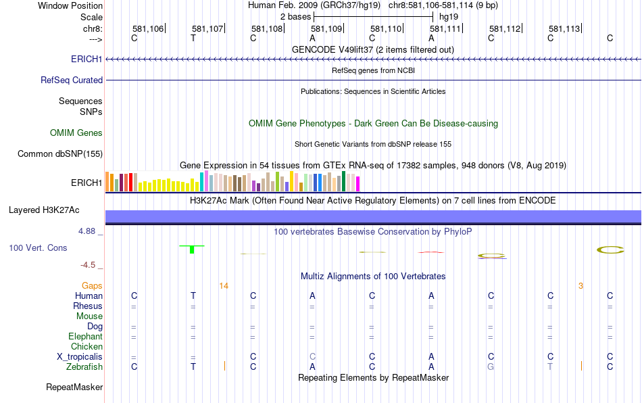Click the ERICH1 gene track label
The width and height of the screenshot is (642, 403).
[87, 60]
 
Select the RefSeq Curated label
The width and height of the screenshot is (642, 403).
[72, 80]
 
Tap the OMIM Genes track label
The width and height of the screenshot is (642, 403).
[76, 133]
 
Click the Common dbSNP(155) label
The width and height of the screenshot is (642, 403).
[60, 154]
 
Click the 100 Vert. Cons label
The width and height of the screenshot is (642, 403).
[38, 248]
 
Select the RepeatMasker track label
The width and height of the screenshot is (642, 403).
[74, 387]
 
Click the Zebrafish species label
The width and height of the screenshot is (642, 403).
[84, 366]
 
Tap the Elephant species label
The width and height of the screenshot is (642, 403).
[85, 336]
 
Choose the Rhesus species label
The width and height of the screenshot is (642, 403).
[88, 306]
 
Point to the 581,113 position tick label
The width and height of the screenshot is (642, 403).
[564, 29]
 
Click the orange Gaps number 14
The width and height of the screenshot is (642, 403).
[224, 286]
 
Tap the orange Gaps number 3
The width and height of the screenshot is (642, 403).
[581, 286]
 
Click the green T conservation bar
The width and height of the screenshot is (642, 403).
[193, 250]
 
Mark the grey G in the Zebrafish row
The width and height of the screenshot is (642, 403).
[491, 366]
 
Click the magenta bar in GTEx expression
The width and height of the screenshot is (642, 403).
[357, 183]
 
